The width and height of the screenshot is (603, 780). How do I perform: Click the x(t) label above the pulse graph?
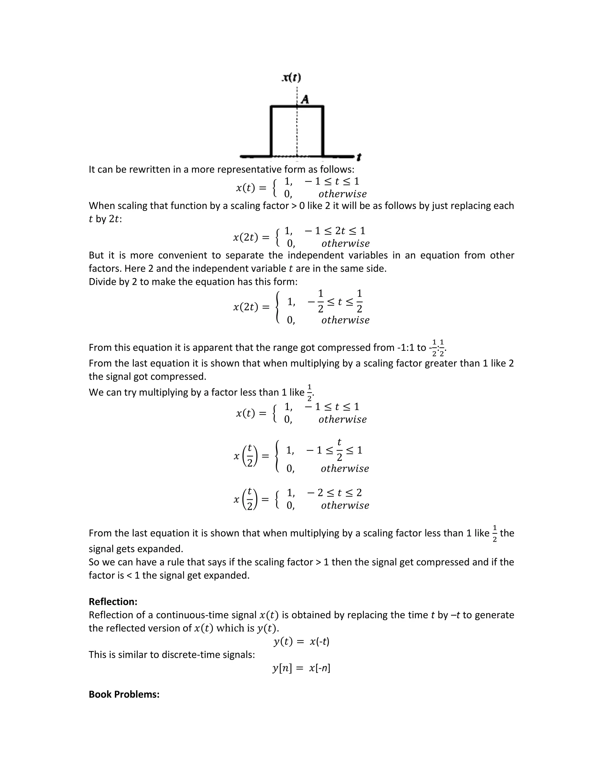(x=291, y=77)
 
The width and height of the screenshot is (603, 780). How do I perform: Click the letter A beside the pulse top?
(x=305, y=99)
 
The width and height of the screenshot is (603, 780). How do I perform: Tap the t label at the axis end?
(x=359, y=157)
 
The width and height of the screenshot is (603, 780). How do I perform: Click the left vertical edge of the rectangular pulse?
(x=271, y=131)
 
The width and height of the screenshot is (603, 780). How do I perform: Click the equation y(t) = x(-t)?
(x=301, y=641)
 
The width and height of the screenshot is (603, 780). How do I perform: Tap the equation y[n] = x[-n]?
(x=301, y=668)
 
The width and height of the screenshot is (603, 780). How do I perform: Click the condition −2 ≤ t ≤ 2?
(x=334, y=493)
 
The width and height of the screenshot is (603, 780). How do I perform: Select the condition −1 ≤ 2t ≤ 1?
(x=335, y=231)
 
